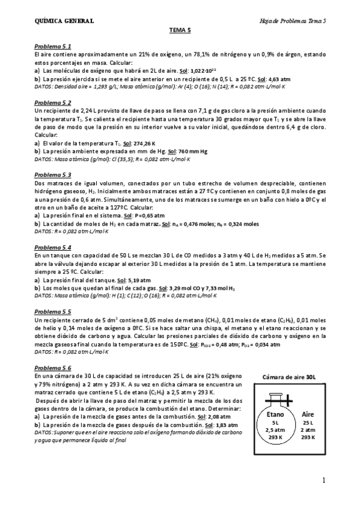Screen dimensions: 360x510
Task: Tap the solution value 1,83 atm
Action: (x=219, y=424)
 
